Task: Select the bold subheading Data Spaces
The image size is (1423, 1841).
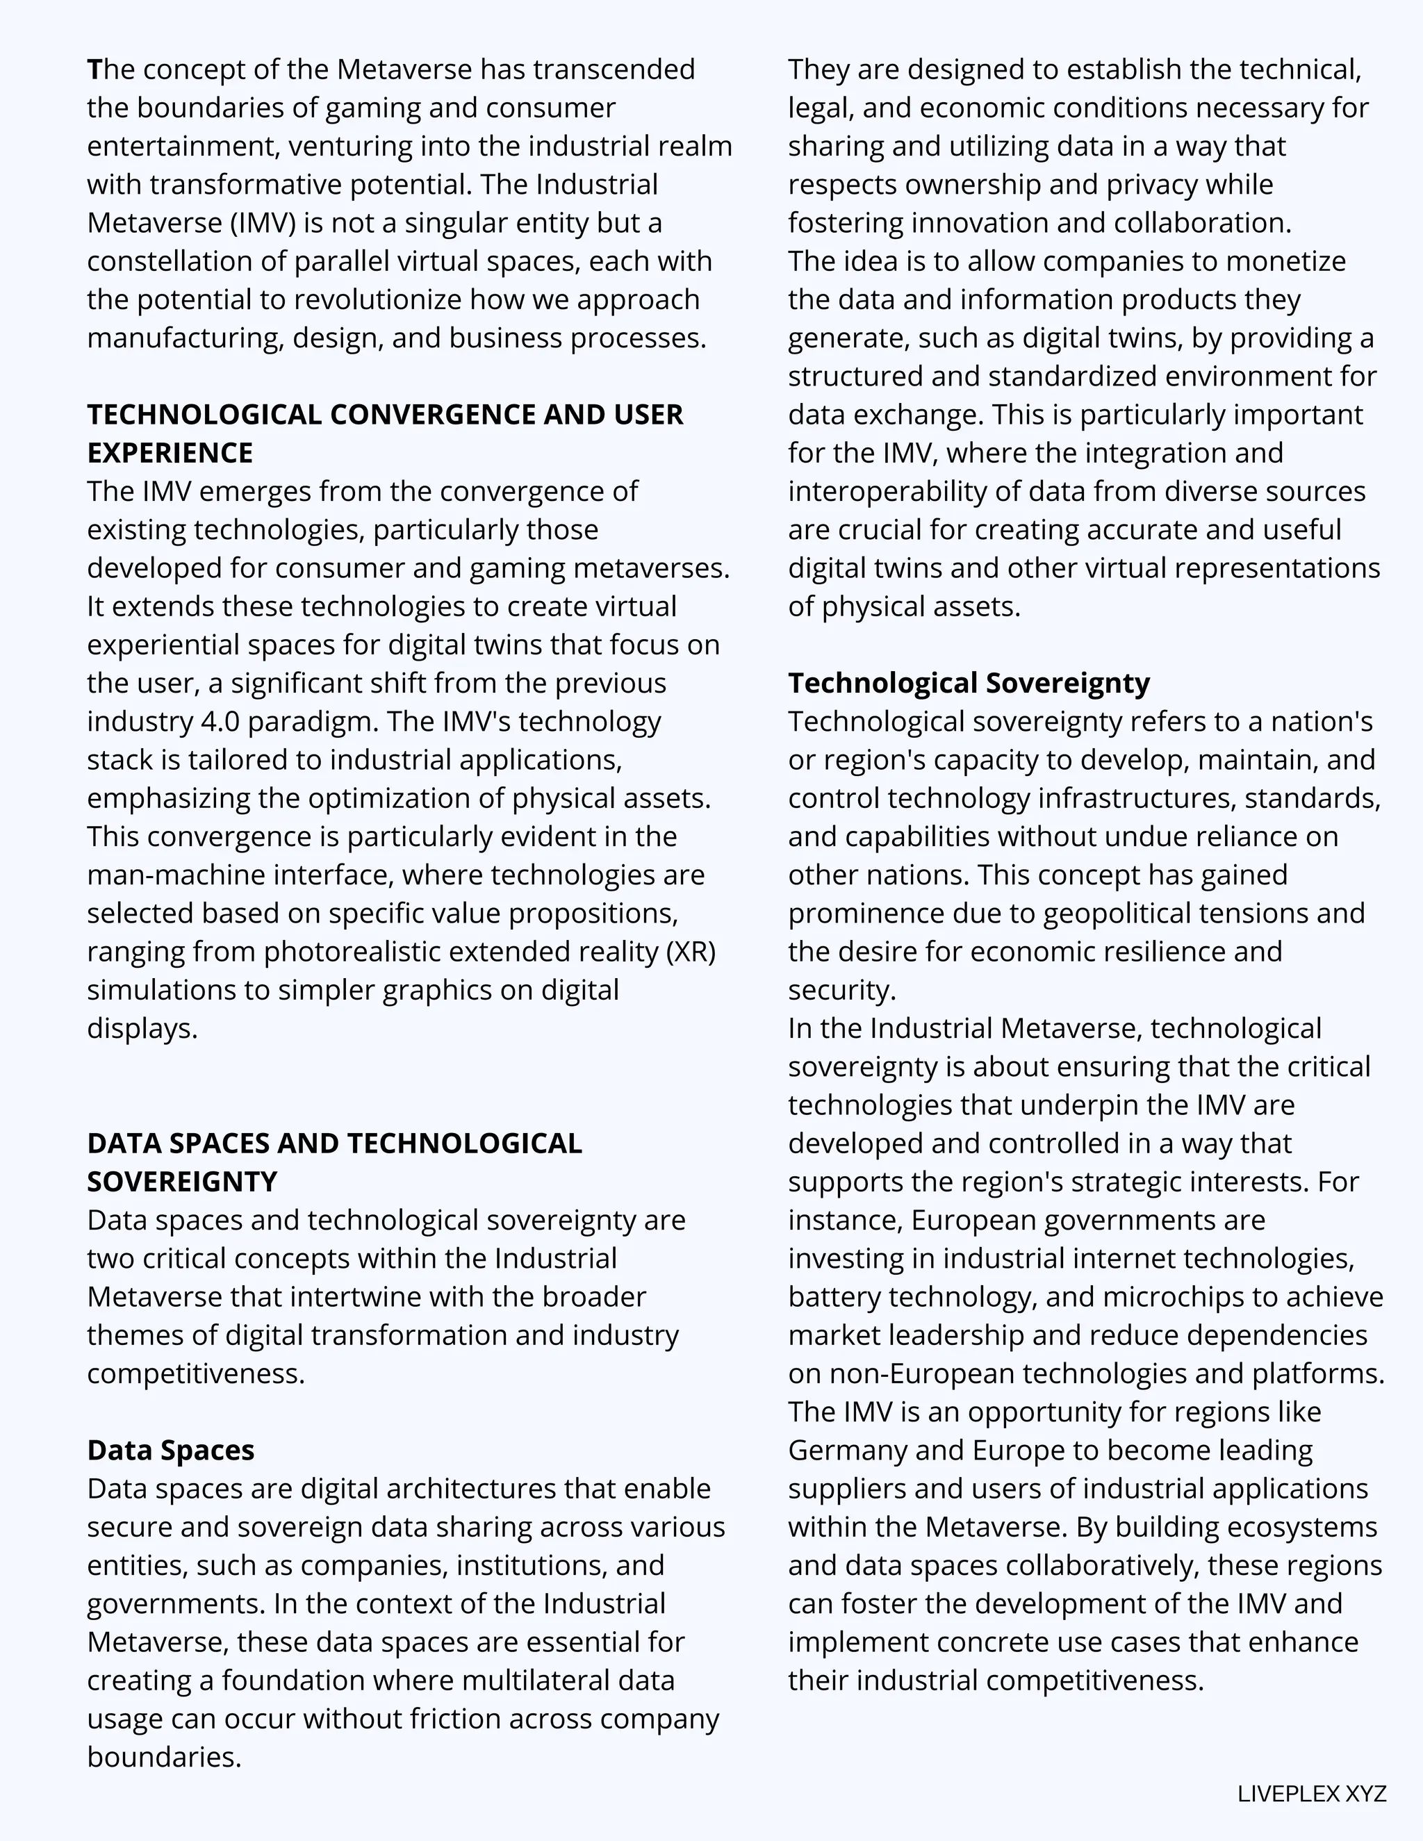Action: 170,1450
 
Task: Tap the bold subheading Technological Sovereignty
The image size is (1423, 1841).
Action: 969,683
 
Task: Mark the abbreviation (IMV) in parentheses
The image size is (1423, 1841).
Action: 261,224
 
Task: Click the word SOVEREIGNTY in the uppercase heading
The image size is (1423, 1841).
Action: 181,1182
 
